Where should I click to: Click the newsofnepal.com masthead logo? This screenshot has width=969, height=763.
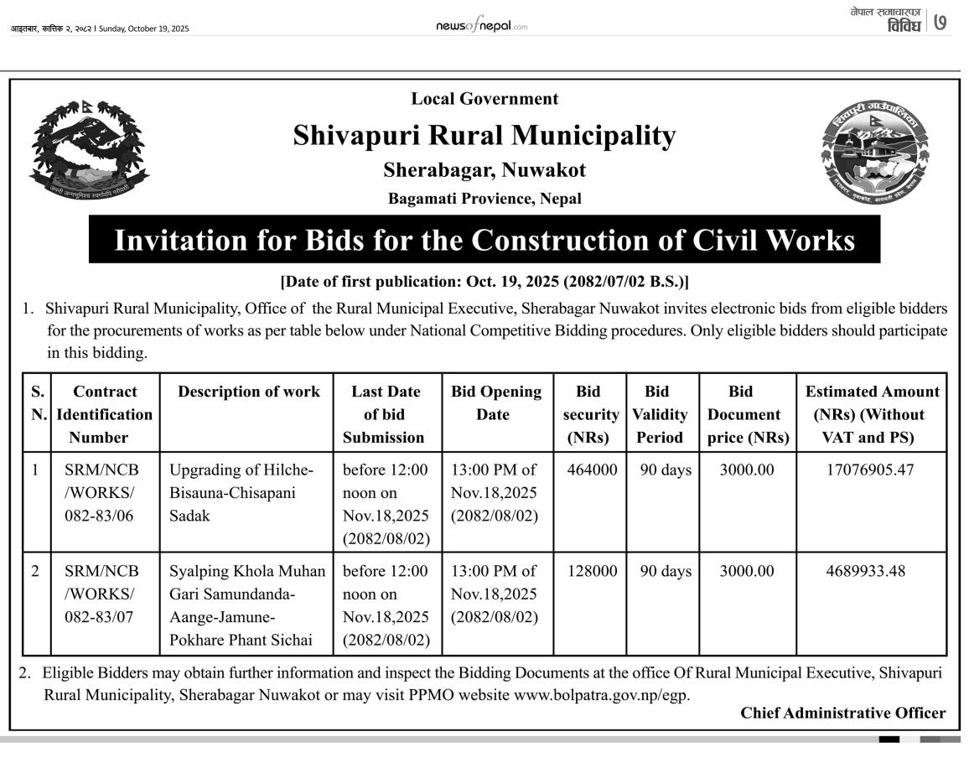pos(481,27)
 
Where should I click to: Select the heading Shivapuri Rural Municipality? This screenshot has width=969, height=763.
pos(484,136)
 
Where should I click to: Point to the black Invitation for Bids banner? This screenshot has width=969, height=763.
pos(484,240)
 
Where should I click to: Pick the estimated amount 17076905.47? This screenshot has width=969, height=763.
pos(871,470)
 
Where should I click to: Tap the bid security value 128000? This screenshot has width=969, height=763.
pos(592,572)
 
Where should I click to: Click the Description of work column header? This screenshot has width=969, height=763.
pos(249,392)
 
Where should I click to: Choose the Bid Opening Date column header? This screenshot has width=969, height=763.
pos(496,403)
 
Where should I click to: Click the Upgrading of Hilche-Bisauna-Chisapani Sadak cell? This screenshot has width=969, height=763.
pos(241,493)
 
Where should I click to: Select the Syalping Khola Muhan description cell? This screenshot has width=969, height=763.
pos(247,605)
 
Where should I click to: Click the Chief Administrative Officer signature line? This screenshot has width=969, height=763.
pos(842,714)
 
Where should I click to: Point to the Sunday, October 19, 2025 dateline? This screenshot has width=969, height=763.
pos(143,29)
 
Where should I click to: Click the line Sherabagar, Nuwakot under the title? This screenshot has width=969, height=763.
pos(484,171)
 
